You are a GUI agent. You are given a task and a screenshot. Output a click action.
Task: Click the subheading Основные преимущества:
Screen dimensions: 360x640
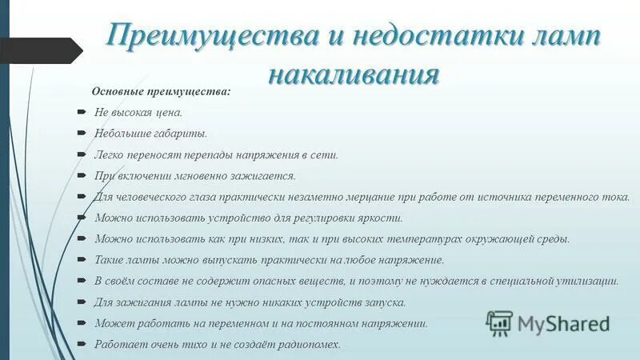point(161,91)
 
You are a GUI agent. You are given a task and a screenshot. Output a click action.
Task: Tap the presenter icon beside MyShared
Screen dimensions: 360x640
point(499,323)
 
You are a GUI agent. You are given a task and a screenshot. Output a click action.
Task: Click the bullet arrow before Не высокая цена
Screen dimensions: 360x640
point(82,113)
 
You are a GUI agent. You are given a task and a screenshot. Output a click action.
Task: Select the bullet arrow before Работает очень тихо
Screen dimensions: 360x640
point(82,345)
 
